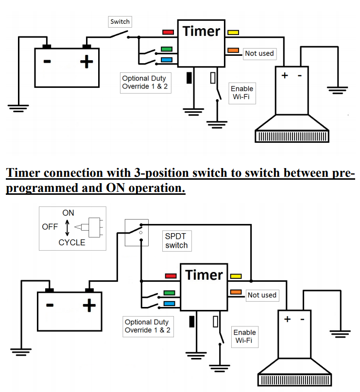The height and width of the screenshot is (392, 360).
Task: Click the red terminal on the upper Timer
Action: [168, 32]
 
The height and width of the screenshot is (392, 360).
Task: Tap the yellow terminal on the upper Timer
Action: [233, 33]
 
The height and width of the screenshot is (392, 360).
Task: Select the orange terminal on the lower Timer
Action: [236, 292]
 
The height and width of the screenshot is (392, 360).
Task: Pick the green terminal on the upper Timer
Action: [167, 49]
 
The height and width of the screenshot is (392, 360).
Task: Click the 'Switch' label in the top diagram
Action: [120, 21]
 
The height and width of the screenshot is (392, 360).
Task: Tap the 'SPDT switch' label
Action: [176, 240]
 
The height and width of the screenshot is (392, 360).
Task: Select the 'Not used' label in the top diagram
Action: [259, 53]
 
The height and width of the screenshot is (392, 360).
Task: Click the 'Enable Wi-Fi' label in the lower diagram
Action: [244, 336]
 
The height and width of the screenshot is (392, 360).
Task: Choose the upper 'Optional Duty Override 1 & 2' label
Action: [144, 83]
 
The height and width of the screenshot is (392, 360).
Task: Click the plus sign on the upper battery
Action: [87, 62]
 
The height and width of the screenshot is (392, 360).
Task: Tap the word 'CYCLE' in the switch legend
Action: [72, 242]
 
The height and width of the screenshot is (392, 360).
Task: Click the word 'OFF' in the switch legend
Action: [50, 227]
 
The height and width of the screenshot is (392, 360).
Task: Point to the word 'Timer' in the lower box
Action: [204, 275]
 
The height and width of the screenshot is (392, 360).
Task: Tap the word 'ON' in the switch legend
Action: [69, 213]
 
